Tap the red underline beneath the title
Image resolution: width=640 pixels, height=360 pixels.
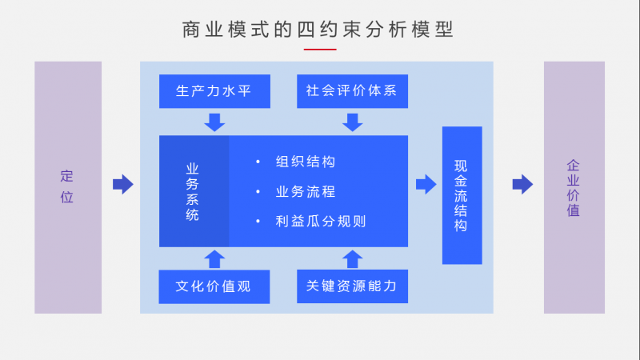click(x=319, y=49)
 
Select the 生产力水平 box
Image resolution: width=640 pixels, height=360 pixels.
click(x=214, y=91)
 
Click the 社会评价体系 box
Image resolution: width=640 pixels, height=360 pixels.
click(x=352, y=91)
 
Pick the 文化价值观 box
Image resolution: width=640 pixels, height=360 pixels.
click(x=214, y=286)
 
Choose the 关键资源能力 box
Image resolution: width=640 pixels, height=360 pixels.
click(x=352, y=286)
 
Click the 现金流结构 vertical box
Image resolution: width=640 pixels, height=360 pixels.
click(x=462, y=195)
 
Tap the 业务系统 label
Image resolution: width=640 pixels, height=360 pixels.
click(x=193, y=191)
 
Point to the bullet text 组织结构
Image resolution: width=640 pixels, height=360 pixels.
click(x=305, y=162)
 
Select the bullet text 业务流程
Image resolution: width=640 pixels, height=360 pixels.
click(x=305, y=192)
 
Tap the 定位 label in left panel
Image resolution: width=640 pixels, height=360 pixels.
click(x=67, y=186)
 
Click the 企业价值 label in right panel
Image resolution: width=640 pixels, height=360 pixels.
click(x=574, y=188)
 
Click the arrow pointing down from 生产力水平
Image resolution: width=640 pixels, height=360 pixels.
click(x=214, y=122)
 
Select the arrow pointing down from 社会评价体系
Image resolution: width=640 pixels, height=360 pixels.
click(x=352, y=122)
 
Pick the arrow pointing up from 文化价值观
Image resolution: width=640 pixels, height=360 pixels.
click(x=214, y=258)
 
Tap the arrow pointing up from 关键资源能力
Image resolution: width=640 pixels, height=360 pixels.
click(x=352, y=258)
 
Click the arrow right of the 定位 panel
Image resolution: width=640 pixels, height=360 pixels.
click(x=122, y=185)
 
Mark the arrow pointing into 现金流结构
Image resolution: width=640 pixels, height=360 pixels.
click(x=426, y=185)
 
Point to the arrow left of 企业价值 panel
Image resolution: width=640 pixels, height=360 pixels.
click(x=522, y=185)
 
